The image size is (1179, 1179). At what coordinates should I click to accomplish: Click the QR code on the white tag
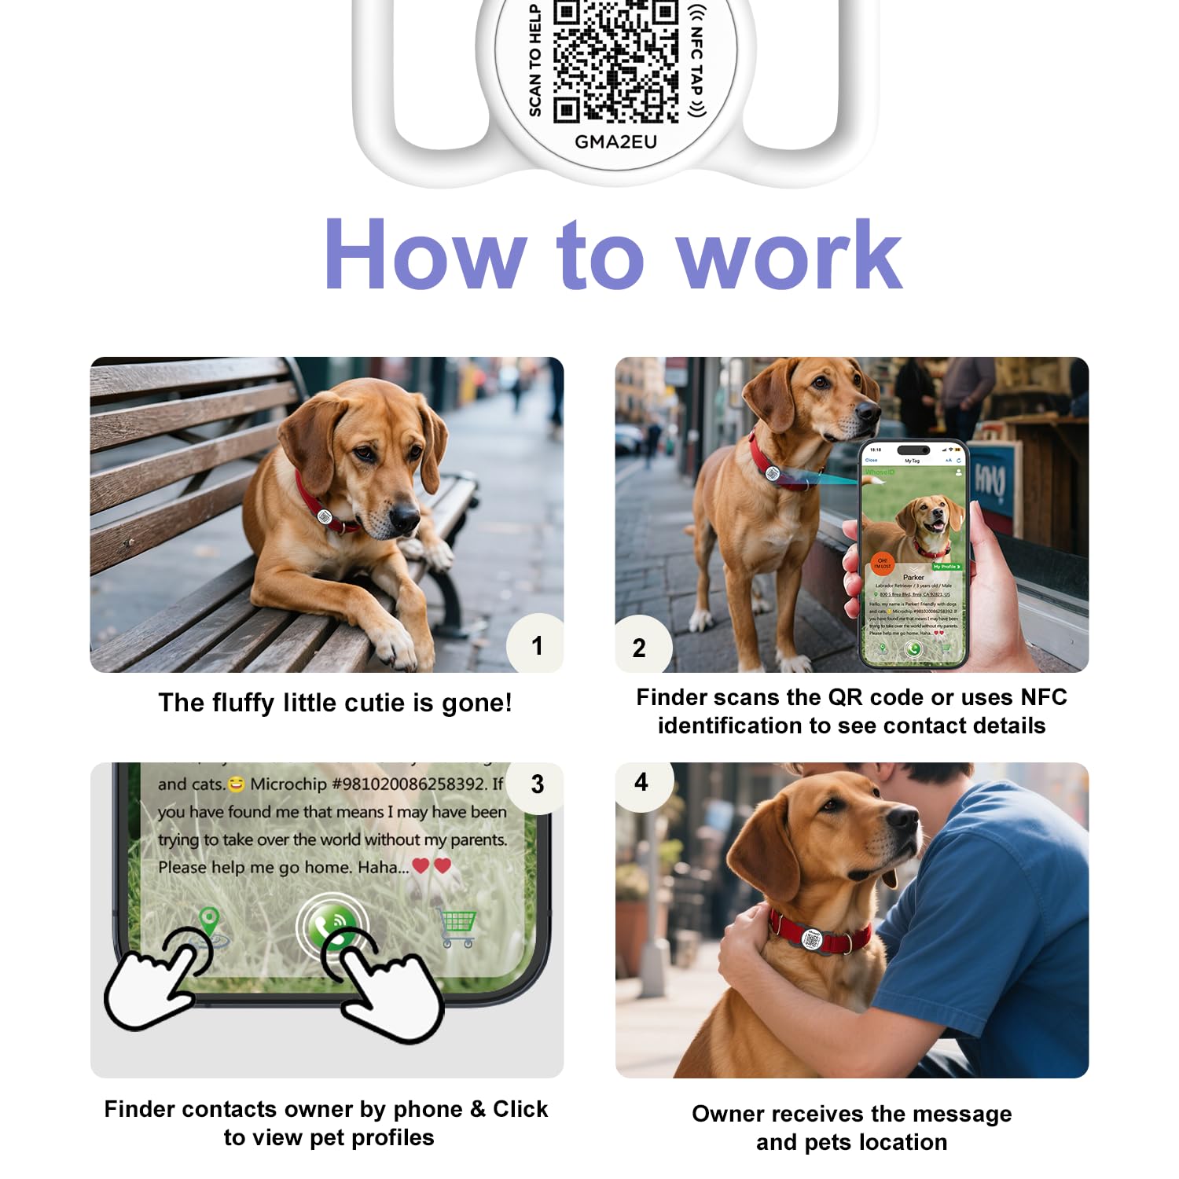pos(615,61)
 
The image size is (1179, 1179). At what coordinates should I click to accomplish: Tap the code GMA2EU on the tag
pos(615,142)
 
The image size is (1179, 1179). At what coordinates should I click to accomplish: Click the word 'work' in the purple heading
pos(789,256)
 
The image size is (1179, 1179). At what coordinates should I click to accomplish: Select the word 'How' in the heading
pos(425,256)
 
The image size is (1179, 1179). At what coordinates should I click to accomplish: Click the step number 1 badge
pos(537,646)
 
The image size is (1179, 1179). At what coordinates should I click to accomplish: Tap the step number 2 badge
pos(639,648)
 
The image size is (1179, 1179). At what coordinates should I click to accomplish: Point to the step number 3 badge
pos(537,784)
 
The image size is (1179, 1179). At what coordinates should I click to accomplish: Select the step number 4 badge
pos(641,782)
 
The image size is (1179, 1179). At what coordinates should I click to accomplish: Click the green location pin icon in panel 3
pos(208,922)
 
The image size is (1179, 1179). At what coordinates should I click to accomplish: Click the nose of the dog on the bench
pos(406,516)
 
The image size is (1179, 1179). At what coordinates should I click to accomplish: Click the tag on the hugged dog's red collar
pos(813,939)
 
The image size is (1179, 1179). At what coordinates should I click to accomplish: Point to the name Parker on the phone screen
pos(913,577)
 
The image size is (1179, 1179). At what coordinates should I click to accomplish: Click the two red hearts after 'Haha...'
pos(432,866)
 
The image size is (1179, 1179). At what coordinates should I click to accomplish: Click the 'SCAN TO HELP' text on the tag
pos(535,61)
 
